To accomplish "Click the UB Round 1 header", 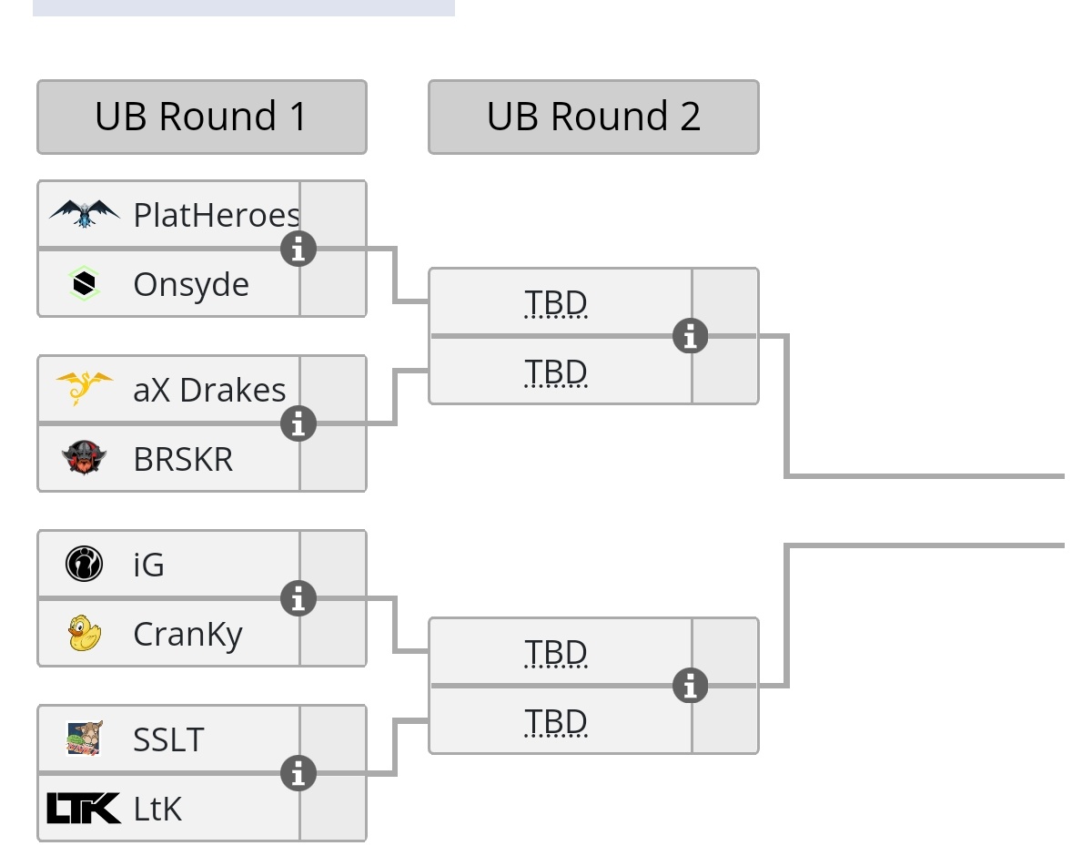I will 201,117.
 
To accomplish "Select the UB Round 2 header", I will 593,117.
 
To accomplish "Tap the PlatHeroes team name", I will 217,215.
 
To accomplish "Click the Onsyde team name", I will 191,284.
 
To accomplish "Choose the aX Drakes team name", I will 209,390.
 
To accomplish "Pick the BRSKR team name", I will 183,459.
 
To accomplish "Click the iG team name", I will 149,565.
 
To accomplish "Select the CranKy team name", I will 187,634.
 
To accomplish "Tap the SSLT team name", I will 169,739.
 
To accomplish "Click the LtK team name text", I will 157,809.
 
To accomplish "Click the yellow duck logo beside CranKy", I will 84,634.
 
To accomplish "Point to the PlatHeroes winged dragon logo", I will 84,214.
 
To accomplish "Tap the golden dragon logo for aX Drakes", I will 84,389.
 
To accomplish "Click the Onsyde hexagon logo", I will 84,284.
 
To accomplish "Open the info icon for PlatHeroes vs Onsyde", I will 298,248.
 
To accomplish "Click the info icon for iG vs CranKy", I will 298,598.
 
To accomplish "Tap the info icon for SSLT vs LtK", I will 298,773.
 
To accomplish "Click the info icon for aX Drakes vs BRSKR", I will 298,423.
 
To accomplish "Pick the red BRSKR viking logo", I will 84,458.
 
